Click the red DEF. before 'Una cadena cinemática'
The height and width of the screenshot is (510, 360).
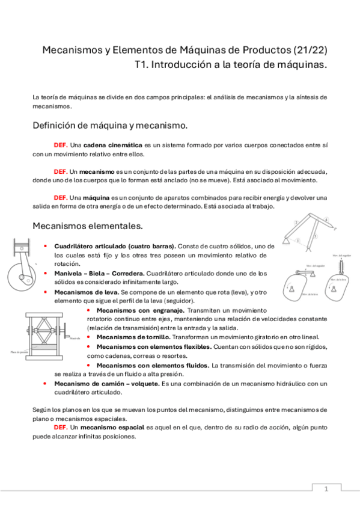tap(61, 146)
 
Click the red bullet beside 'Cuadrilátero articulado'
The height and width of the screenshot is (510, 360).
tap(46, 247)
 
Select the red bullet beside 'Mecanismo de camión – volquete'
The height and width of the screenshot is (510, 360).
tap(46, 383)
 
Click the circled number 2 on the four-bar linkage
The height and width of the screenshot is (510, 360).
tap(296, 223)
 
